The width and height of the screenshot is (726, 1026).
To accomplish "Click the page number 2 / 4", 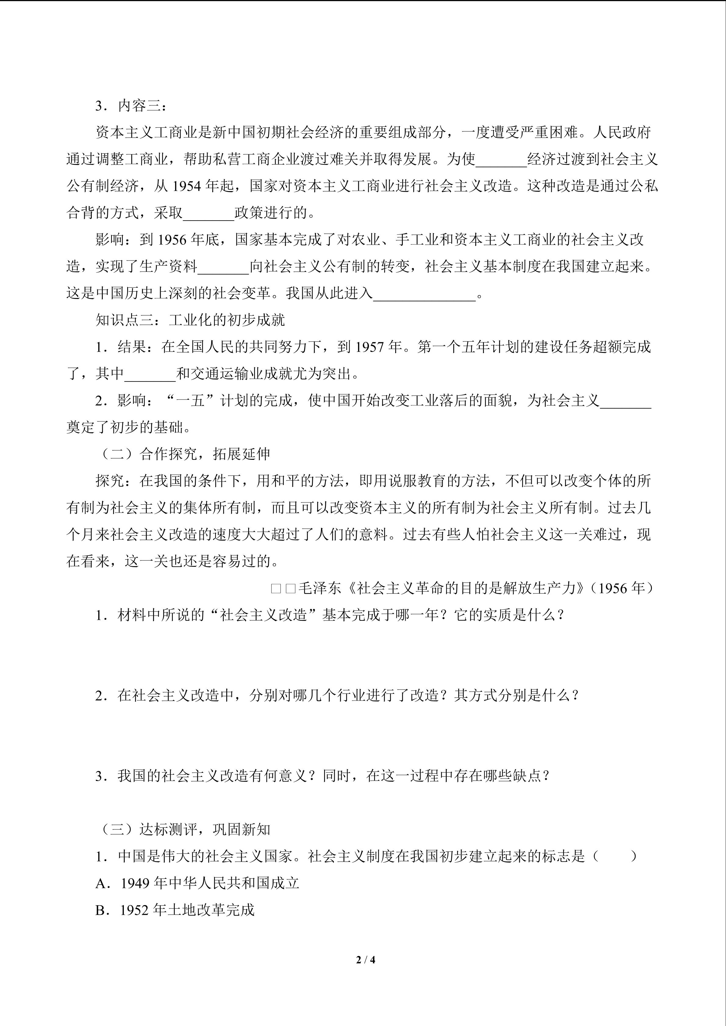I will click(x=365, y=959).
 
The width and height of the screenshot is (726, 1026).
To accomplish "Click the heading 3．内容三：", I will click(x=131, y=106).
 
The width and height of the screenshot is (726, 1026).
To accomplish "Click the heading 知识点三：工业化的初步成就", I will click(x=191, y=320).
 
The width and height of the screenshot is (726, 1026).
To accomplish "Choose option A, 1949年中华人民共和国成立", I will click(x=197, y=883).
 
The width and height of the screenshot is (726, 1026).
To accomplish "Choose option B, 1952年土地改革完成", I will click(x=175, y=910).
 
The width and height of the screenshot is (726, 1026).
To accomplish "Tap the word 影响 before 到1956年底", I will click(x=110, y=240).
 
